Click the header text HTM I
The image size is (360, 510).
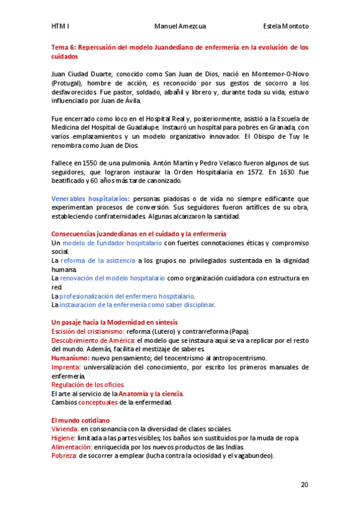60,26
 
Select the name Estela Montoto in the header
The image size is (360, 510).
286,26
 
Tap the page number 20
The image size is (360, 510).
305,484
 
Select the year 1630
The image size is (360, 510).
282,172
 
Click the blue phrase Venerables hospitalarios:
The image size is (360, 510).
90,198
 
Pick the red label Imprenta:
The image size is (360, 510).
66,367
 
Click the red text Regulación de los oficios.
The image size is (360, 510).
88,384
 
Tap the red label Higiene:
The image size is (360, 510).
63,438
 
